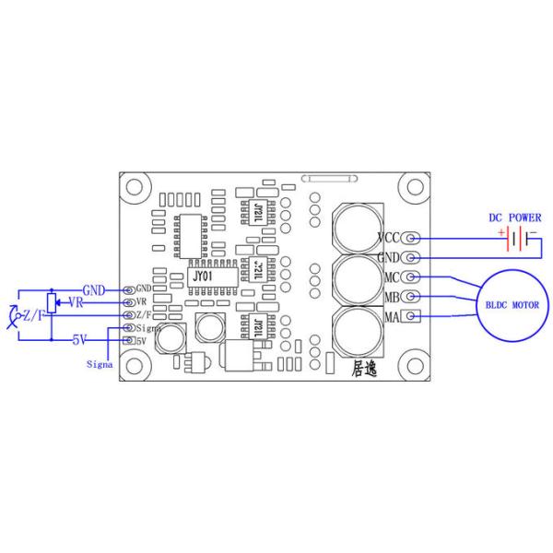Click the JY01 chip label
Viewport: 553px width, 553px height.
tap(204, 275)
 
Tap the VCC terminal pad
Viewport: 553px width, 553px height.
tap(410, 239)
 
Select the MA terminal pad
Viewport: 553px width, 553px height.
tap(411, 317)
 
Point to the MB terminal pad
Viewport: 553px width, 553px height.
tap(411, 297)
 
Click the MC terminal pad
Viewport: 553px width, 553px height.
tap(411, 276)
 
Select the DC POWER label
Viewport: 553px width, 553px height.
tap(514, 218)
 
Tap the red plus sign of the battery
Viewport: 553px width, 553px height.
tap(502, 233)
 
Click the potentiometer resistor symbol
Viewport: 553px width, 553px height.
tap(52, 301)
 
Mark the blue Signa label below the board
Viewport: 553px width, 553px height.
tap(100, 363)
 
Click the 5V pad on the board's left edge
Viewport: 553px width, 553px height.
tap(127, 341)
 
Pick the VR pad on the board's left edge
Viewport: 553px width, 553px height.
tap(127, 301)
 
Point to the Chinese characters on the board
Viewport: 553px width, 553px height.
tap(365, 369)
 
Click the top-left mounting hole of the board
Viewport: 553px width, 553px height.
tap(135, 187)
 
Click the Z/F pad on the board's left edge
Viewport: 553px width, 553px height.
tap(127, 315)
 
